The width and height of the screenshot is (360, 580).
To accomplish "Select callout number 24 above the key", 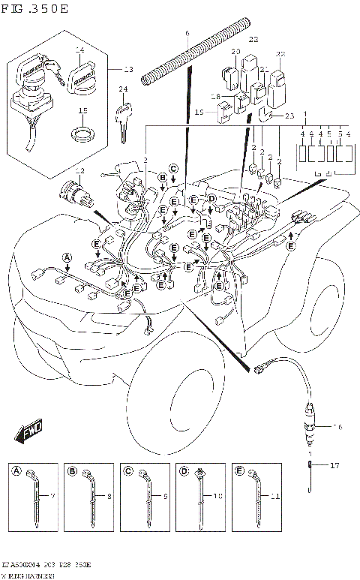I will coord(123,89).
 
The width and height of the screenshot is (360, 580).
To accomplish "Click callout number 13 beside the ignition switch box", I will coord(127,70).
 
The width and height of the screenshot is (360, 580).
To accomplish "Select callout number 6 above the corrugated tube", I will coord(187,35).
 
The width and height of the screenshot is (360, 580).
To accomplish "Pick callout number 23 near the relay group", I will coord(289,116).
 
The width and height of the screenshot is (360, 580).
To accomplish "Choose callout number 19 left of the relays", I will coord(200,112).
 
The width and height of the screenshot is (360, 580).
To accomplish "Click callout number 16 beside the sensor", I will coord(338,426).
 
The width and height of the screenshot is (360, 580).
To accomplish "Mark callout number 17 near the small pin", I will coord(335,466).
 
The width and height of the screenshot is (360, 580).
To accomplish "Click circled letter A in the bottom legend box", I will coord(16,470).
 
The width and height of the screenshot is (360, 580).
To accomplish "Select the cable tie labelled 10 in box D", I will coord(200,499).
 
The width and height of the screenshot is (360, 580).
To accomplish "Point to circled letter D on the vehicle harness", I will coord(211,198).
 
